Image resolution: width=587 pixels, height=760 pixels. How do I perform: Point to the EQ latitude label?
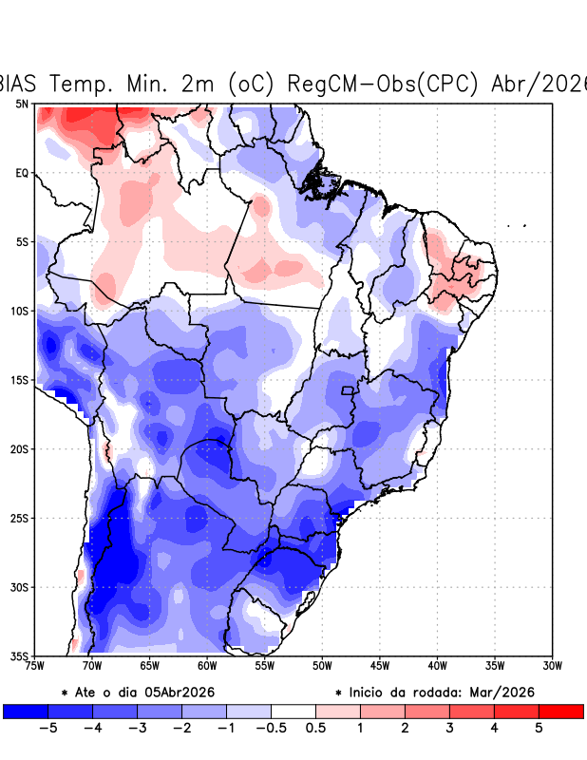tap(21, 173)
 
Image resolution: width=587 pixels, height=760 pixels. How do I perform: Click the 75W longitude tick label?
tap(35, 666)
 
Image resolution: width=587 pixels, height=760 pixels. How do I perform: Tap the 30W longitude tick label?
tap(552, 666)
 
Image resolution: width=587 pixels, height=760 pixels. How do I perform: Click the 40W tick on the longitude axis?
tap(437, 666)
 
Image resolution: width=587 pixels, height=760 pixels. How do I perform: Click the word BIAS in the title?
tap(20, 84)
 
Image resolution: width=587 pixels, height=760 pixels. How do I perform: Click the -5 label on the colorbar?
tap(48, 729)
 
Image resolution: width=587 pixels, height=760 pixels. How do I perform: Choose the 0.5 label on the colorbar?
tap(315, 729)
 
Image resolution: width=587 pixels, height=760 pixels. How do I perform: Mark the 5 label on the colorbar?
tap(539, 729)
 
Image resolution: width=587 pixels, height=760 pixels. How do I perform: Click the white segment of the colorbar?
tap(293, 711)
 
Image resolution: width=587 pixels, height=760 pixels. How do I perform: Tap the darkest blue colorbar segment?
tap(26, 711)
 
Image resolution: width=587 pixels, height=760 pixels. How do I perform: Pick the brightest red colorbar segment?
tap(560, 711)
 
